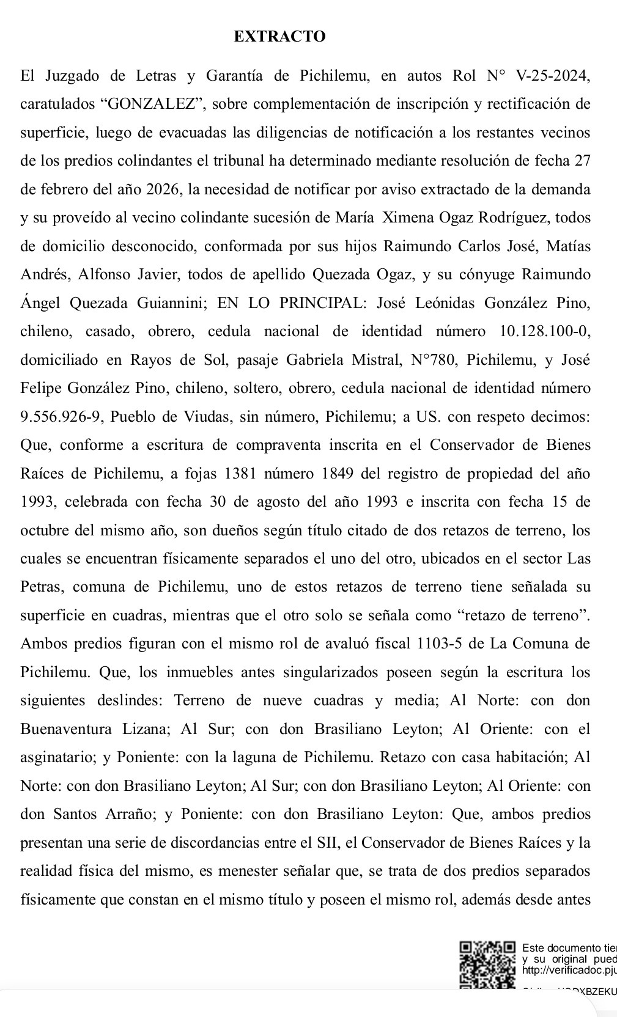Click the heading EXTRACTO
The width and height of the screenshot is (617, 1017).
point(279,37)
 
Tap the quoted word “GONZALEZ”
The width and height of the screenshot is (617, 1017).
point(155,104)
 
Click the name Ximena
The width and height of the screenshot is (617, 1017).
point(406,218)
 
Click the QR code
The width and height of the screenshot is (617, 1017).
point(487,964)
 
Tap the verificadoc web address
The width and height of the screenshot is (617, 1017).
point(569,970)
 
